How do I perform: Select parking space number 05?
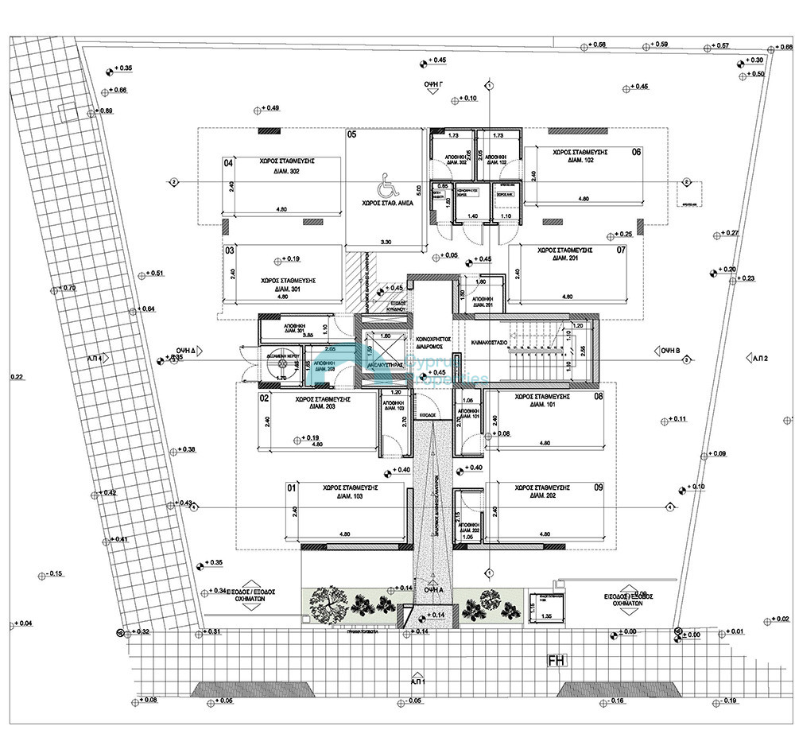click(351, 135)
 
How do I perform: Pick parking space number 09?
click(599, 487)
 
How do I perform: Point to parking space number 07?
click(621, 250)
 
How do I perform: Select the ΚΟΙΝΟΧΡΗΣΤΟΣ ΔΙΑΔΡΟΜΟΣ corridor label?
click(434, 343)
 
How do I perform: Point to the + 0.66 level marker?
click(114, 90)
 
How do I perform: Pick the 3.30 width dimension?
click(387, 240)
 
